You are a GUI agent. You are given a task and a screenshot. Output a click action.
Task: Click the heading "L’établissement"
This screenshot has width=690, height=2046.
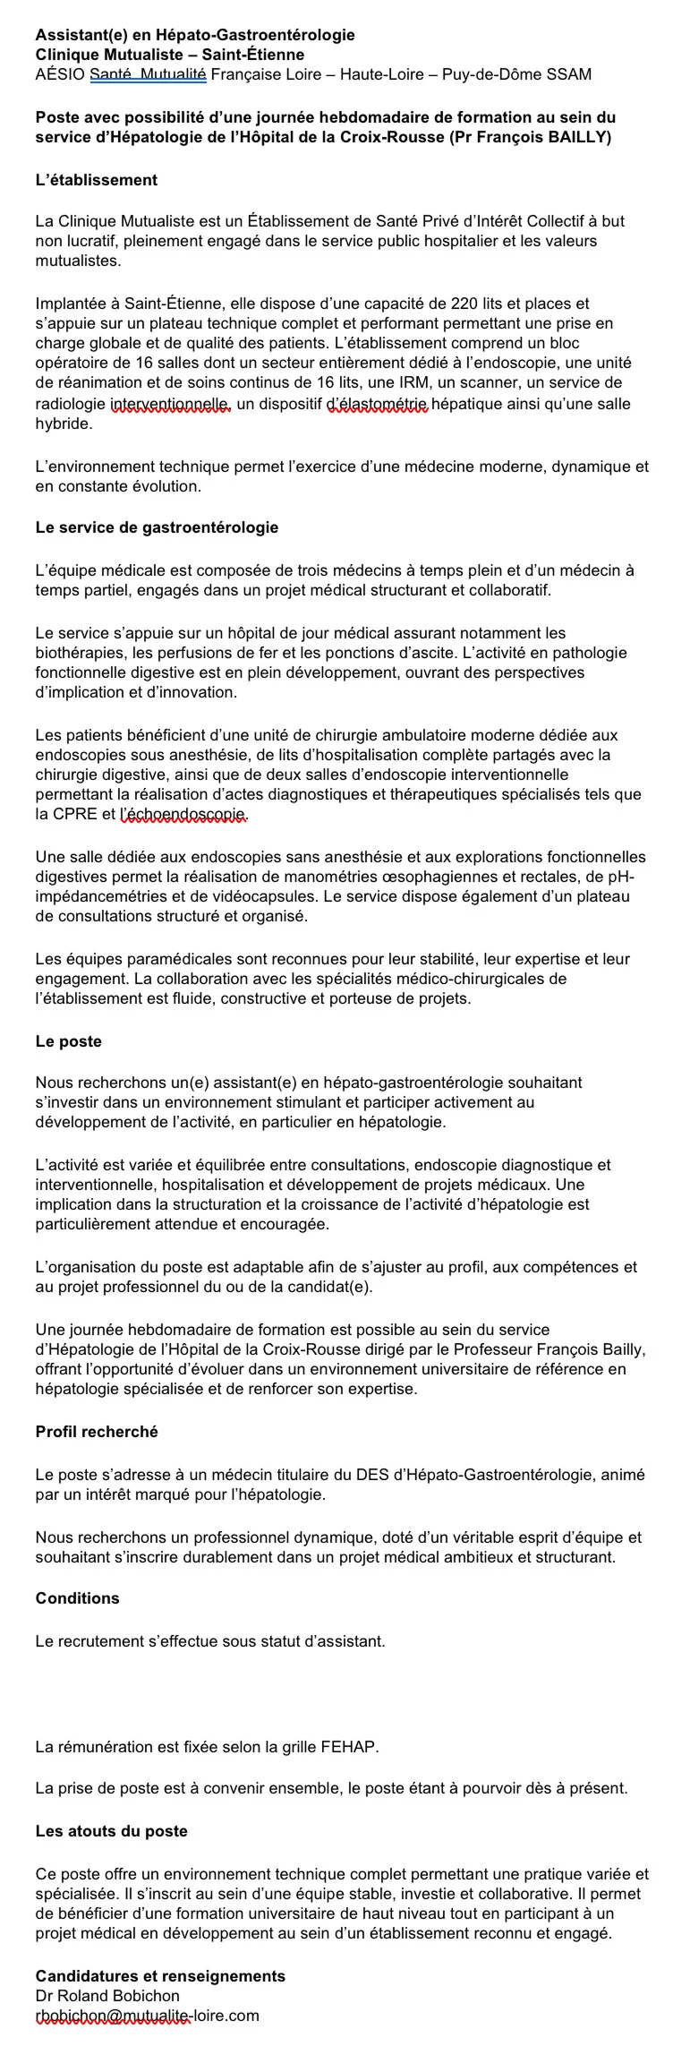96,180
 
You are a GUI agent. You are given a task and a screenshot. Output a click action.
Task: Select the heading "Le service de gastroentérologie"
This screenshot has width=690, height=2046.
157,527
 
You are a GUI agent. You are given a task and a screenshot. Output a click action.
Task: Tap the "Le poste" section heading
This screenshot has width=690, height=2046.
68,1041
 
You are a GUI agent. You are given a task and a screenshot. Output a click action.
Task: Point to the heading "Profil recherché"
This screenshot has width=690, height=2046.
97,1432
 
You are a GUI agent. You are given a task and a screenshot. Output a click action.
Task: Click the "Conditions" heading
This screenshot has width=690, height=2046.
77,1598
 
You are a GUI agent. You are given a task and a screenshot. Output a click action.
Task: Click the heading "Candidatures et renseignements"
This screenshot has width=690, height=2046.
160,1976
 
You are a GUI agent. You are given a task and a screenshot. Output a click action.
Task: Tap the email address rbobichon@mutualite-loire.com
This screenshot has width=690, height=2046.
147,2016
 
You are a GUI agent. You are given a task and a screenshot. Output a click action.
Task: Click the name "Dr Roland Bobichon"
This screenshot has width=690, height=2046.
107,1996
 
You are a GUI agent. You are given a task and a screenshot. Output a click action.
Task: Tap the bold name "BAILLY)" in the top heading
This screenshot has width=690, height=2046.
579,137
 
